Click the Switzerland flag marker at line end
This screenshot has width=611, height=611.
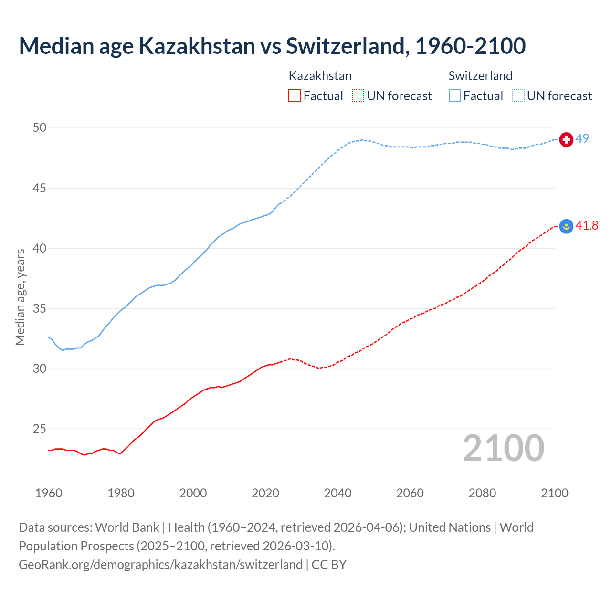[566, 139]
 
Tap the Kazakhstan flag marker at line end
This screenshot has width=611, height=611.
[566, 226]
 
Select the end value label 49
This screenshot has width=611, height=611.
[582, 139]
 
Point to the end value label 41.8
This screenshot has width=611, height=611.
[587, 226]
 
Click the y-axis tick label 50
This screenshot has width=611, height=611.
[40, 128]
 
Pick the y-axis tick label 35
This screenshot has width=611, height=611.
[40, 309]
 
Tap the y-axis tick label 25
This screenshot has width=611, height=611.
[40, 429]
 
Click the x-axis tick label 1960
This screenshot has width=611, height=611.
[49, 493]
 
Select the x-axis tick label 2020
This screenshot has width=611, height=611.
[265, 493]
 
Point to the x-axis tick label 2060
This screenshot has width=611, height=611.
[410, 493]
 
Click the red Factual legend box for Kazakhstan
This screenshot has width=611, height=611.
[295, 96]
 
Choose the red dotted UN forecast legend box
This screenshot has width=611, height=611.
[358, 96]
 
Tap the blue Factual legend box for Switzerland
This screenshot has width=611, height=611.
[455, 96]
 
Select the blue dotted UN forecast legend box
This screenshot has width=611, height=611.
[518, 96]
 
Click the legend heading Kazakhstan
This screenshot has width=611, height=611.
[320, 76]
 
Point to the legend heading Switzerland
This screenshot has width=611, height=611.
[480, 76]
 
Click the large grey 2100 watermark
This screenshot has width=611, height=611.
[503, 448]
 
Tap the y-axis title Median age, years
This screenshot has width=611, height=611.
[20, 297]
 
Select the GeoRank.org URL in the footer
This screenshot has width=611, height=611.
[160, 565]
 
